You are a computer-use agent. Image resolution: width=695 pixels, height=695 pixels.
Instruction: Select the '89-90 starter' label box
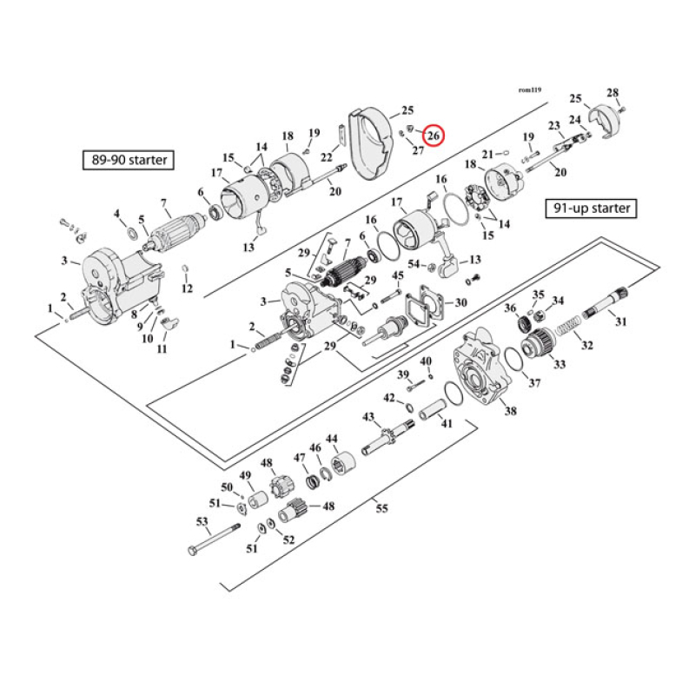point(126,160)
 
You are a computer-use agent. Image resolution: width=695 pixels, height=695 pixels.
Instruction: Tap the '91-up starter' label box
point(591,208)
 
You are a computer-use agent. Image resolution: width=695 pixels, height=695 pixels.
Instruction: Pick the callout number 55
point(381,508)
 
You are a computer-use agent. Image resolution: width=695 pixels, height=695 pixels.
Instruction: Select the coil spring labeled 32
point(566,330)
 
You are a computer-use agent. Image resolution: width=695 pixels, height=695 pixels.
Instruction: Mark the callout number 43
point(368,418)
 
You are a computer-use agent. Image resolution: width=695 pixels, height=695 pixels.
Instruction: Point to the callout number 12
point(187,288)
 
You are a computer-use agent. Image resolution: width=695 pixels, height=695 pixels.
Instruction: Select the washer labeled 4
point(131,234)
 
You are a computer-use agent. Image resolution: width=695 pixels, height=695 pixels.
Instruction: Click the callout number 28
point(612,93)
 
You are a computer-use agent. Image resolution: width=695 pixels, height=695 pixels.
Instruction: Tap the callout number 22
point(326,157)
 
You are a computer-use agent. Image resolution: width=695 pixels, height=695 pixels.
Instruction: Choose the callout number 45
point(397,275)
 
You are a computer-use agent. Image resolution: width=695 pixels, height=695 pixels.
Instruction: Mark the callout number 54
point(413,264)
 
